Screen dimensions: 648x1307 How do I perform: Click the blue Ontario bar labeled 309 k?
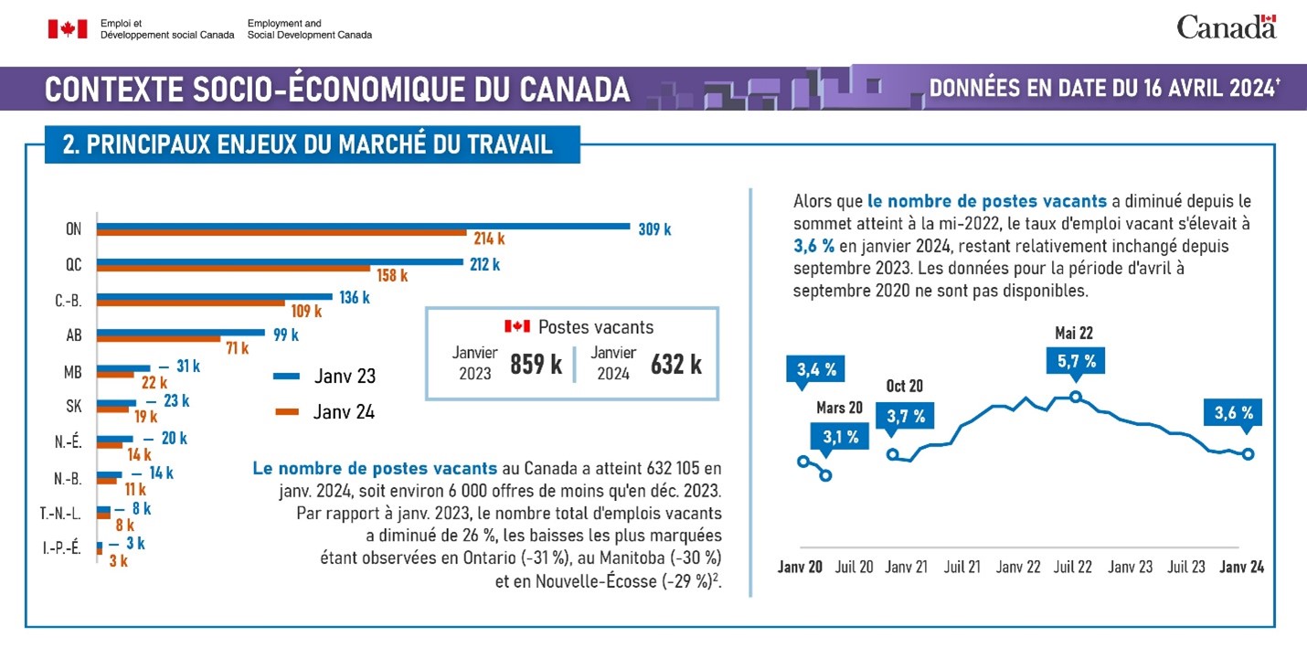point(363,226)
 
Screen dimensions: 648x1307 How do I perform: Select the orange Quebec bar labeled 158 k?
point(234,269)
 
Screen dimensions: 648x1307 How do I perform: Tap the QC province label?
point(73,265)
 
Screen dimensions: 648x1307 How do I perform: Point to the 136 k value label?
point(353,297)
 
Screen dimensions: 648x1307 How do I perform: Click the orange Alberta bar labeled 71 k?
point(159,338)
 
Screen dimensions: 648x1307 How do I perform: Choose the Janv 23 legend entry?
point(324,376)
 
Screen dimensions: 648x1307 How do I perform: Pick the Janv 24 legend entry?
point(324,412)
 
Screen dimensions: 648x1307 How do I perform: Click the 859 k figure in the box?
point(536,364)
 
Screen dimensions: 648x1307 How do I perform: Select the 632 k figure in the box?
point(675,364)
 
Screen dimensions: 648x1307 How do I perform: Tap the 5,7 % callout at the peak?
point(1076,361)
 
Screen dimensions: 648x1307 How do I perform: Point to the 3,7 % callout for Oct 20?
point(906,416)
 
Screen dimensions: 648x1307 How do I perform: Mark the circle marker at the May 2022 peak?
point(1076,397)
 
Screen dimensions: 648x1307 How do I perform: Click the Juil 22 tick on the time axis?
point(1073,567)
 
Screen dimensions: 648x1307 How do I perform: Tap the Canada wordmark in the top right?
point(1226,27)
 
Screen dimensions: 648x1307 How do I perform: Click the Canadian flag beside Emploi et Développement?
point(68,29)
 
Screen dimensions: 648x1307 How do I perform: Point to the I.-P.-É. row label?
point(62,548)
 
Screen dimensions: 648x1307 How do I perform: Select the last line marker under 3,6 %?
point(1248,454)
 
